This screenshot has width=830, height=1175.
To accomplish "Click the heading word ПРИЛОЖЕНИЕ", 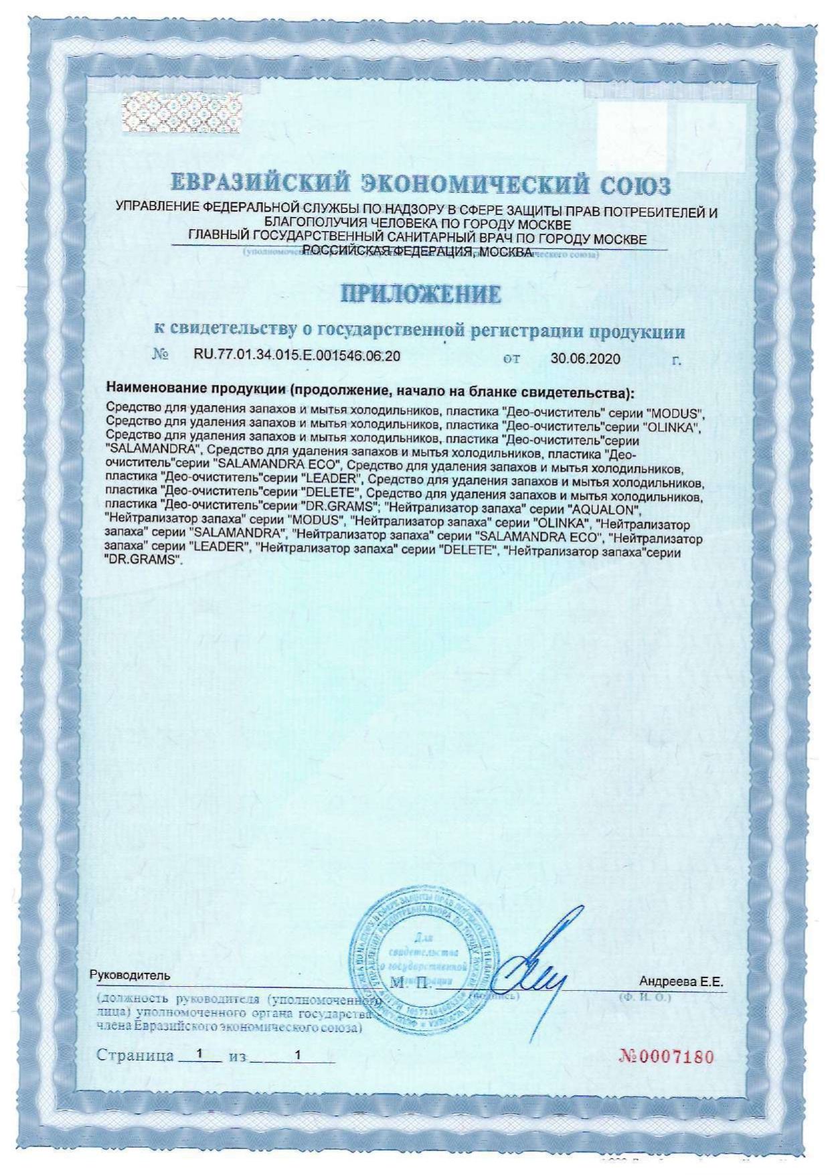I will click(x=421, y=295).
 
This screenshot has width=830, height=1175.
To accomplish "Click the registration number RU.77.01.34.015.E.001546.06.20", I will click(x=297, y=356).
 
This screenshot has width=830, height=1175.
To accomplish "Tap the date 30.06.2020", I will click(x=585, y=358).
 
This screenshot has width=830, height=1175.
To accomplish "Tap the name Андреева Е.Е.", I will click(x=681, y=982).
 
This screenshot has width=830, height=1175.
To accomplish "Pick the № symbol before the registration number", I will click(x=160, y=356).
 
